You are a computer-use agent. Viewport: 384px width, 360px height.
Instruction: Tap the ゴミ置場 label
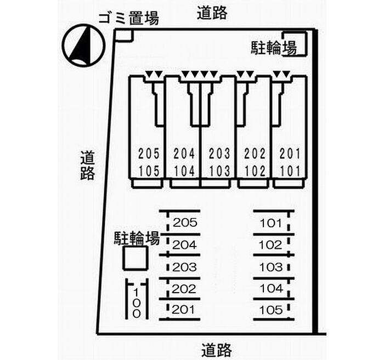[x=128, y=19]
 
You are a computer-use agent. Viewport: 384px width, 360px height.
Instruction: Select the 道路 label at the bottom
[x=216, y=349]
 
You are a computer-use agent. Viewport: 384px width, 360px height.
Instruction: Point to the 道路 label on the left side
[x=87, y=165]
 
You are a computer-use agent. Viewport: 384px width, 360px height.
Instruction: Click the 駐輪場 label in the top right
[x=274, y=48]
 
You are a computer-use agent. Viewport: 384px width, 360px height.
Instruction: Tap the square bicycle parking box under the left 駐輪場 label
[x=134, y=258]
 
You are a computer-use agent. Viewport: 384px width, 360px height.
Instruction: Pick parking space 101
[x=271, y=223]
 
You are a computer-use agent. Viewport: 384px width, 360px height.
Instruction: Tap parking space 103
[x=271, y=267]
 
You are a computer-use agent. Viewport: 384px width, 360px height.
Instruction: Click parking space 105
[x=271, y=310]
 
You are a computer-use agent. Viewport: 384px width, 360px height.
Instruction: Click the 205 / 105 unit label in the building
[x=149, y=162]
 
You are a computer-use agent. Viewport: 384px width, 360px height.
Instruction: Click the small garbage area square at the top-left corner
[x=125, y=35]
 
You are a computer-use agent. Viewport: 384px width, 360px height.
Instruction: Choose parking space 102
[x=271, y=245]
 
